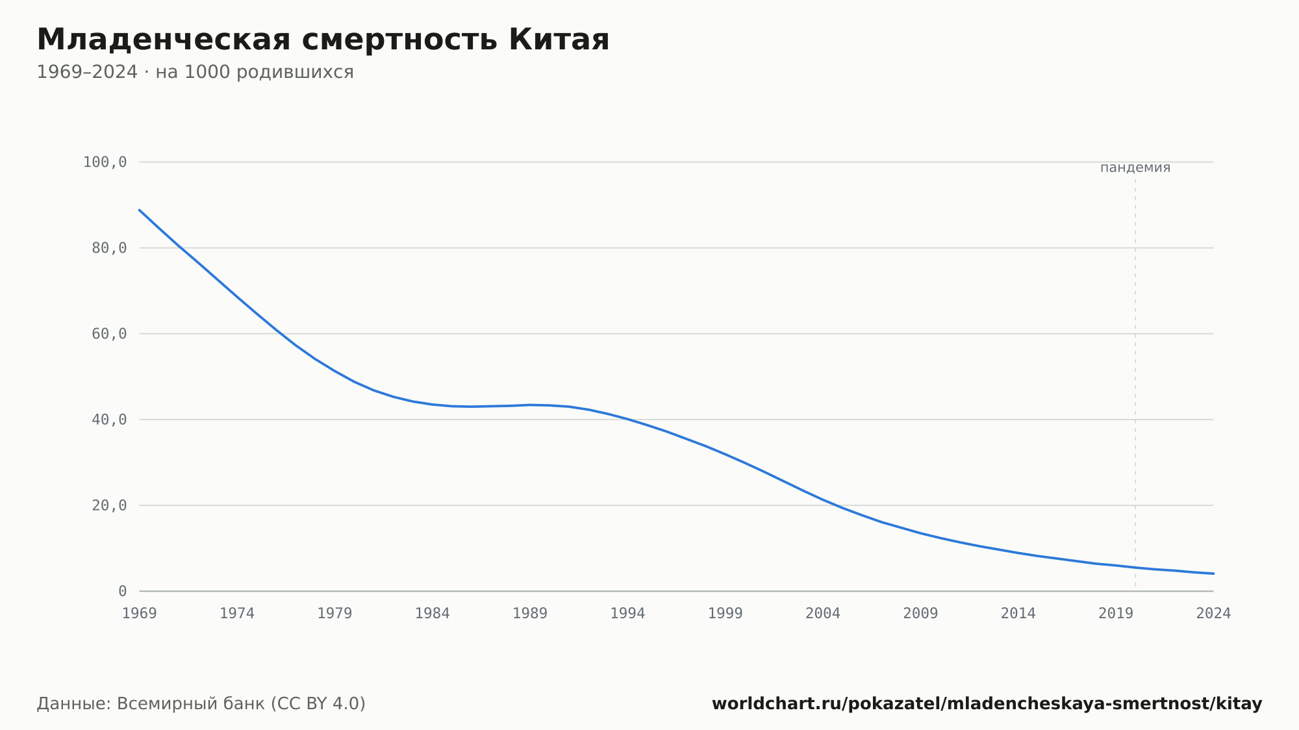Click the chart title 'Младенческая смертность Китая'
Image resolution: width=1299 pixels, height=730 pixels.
323,40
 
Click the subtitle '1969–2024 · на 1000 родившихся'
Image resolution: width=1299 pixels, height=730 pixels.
195,72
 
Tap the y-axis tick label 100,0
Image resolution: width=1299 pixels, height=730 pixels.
105,162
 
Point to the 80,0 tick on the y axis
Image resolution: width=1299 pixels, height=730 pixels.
109,248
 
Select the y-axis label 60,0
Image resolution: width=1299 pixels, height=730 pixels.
109,334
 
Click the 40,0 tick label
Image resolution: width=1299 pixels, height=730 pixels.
109,420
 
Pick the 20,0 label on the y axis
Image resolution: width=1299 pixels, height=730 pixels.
109,505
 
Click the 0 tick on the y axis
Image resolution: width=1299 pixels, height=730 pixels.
122,591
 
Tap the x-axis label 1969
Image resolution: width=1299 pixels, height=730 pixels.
140,614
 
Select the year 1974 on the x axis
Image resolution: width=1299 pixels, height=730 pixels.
237,614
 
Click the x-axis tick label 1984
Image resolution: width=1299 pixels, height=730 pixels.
433,614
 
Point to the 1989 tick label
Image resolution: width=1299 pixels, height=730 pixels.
530,614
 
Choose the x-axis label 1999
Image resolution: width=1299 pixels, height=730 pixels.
725,614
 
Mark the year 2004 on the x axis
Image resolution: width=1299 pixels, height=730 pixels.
823,614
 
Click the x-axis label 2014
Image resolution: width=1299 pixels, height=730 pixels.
1018,614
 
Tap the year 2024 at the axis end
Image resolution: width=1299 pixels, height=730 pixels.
1213,614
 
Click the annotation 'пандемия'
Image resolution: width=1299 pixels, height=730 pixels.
1135,168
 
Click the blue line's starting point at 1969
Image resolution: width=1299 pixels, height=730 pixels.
140,210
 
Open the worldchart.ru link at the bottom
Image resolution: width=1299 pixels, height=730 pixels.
987,704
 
